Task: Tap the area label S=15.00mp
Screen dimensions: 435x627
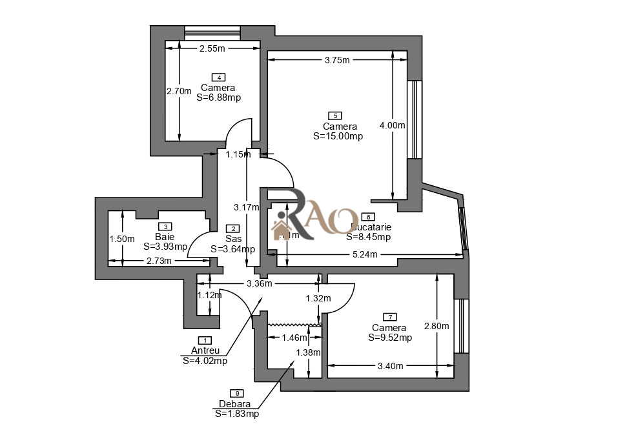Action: tap(338, 136)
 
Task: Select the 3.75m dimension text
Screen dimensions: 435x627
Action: tap(336, 60)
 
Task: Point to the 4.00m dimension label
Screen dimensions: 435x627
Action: tap(392, 125)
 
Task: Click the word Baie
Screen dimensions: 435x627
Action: tap(165, 237)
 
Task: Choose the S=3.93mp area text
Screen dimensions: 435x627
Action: tap(165, 246)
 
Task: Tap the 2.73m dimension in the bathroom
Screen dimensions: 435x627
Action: tap(159, 261)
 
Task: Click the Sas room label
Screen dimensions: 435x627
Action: tap(233, 239)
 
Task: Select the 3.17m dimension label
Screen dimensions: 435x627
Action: tap(245, 207)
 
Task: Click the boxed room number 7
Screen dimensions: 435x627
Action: tap(389, 317)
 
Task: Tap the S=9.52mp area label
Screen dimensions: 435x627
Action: tap(390, 337)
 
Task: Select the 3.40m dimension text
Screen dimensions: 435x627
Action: tap(390, 366)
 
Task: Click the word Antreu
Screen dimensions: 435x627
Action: tap(205, 350)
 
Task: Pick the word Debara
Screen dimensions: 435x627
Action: tap(234, 404)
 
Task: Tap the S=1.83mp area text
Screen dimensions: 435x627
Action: tap(237, 414)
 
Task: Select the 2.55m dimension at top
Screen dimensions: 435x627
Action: tap(212, 48)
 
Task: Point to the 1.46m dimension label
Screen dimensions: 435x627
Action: tap(294, 337)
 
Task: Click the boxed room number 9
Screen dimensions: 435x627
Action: tap(237, 393)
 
